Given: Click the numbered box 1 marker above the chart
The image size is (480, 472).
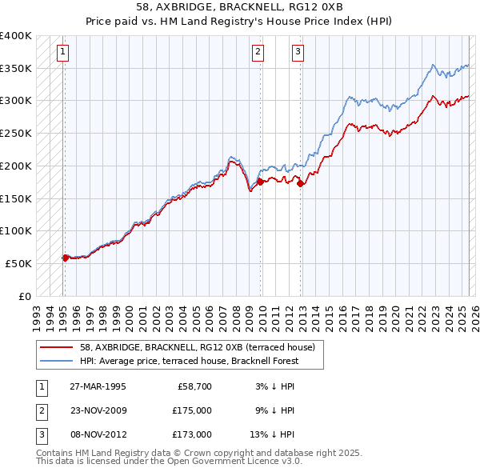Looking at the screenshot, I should coord(63,54).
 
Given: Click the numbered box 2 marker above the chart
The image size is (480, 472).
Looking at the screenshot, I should coord(258,54).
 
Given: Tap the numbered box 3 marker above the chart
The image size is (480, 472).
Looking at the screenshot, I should coord(298,54).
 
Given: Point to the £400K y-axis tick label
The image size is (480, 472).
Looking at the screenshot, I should coord(16,36).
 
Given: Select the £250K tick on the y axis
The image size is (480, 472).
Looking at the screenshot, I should coord(16,133).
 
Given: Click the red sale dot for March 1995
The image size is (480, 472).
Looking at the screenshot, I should coord(65,258).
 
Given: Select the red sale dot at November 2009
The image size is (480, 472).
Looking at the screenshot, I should coord(261,182).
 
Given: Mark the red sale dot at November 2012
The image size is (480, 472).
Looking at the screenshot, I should coord(300,183).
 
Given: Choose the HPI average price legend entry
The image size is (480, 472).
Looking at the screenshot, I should coord(189,361).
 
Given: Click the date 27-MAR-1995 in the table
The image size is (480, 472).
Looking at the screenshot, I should coord(98,386).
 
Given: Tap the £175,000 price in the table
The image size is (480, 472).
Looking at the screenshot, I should coord(192,410).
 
